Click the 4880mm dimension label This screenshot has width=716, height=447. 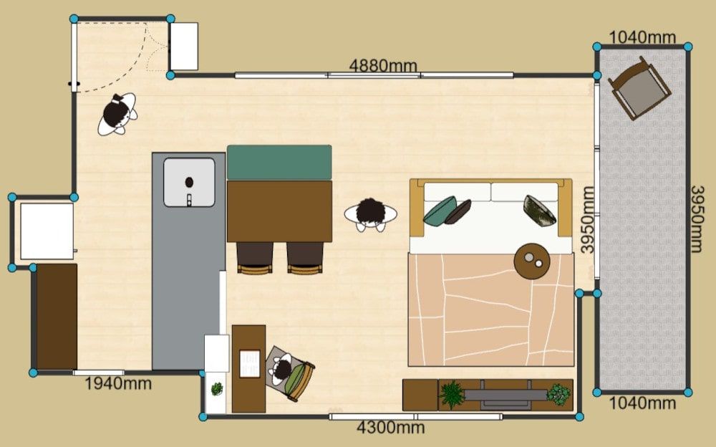[383, 65]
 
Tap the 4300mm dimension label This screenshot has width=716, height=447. [391, 428]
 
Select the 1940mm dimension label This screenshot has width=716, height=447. [118, 383]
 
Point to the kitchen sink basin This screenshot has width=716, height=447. [189, 183]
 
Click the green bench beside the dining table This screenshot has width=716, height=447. [279, 163]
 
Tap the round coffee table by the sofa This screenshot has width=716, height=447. [532, 261]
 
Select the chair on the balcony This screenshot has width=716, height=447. [639, 88]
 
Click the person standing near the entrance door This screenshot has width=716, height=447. [117, 115]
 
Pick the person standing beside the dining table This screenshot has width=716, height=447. [371, 214]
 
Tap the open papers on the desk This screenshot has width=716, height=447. [250, 364]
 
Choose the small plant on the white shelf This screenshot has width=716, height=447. [217, 389]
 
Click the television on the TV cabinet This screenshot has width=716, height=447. [506, 395]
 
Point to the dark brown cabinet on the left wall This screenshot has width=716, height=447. [57, 317]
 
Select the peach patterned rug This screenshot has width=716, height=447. [491, 310]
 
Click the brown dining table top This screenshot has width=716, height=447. [279, 211]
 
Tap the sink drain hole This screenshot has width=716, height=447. [189, 183]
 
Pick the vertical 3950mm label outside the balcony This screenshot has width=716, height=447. [697, 219]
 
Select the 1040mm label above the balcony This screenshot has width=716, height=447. [642, 37]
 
